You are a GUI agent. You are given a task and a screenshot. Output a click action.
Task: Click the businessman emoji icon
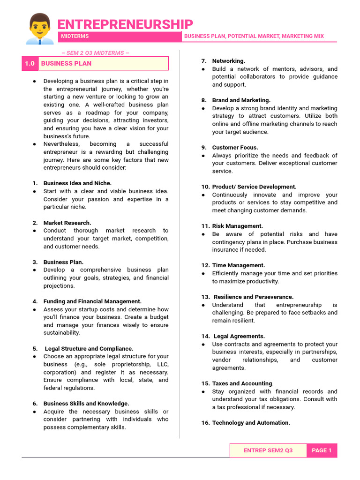point(39,29)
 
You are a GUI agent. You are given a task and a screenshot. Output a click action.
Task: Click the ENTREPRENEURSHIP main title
point(125,24)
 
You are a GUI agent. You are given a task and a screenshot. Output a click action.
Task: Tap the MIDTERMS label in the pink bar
point(75,36)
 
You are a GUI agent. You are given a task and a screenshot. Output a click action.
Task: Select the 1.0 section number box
point(30,63)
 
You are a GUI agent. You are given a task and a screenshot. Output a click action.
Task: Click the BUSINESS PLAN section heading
point(66,63)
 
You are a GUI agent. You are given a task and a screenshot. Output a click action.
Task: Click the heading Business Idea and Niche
point(77,183)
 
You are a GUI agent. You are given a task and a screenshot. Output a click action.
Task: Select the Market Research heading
point(67,223)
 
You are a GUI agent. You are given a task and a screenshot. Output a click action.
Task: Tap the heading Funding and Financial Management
point(92,301)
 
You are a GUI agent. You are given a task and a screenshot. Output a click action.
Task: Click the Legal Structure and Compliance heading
point(89,349)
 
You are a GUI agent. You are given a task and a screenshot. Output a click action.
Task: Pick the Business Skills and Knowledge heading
point(86,404)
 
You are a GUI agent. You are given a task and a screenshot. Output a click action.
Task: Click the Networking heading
point(228,61)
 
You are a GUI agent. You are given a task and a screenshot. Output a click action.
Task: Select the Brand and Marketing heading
point(241,100)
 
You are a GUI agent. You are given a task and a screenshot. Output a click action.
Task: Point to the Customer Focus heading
point(235,148)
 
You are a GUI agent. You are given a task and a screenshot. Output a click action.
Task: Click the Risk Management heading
point(237,226)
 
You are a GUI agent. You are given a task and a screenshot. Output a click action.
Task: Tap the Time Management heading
point(238,265)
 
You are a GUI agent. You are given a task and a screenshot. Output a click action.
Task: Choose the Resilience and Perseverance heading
point(254,297)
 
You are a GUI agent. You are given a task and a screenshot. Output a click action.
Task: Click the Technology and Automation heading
point(251,423)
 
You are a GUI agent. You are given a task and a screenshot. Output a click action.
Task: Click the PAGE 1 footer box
point(322,450)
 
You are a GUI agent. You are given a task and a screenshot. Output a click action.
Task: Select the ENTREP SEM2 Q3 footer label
point(268,450)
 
